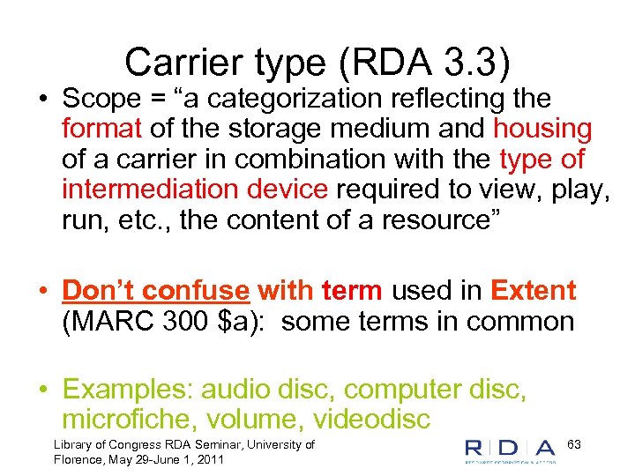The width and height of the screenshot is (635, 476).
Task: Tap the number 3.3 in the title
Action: [478, 62]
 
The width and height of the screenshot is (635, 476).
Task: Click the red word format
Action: [101, 129]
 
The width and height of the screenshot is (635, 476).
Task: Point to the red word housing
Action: [542, 129]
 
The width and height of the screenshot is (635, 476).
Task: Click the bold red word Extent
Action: [533, 290]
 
